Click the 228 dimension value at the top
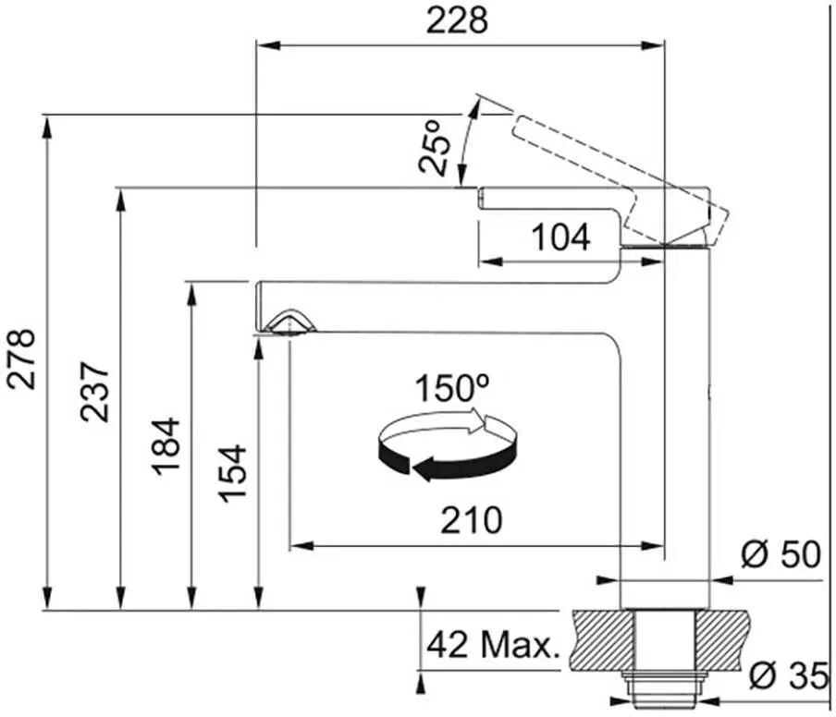pyautogui.click(x=457, y=21)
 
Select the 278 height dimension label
pyautogui.click(x=21, y=359)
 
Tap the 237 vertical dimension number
pyautogui.click(x=95, y=392)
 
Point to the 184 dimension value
pyautogui.click(x=166, y=446)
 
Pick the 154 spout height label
pyautogui.click(x=234, y=474)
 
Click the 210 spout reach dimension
pyautogui.click(x=472, y=520)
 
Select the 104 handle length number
pyautogui.click(x=561, y=237)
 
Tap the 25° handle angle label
pyautogui.click(x=435, y=148)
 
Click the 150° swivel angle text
pyautogui.click(x=452, y=388)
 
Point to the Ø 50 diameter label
pyautogui.click(x=781, y=554)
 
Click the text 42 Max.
pyautogui.click(x=493, y=645)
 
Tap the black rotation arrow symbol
pyautogui.click(x=447, y=445)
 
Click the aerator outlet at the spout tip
pyautogui.click(x=289, y=322)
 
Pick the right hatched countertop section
pyautogui.click(x=722, y=639)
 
